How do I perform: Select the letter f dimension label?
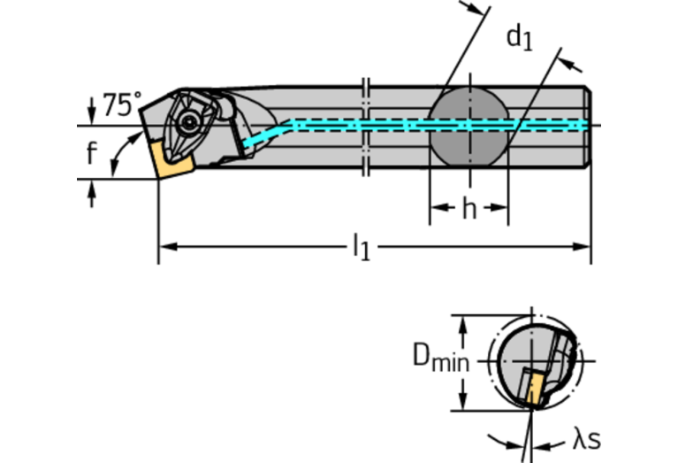coord(91,153)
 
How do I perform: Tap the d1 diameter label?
coord(520,37)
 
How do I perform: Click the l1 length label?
coord(362,247)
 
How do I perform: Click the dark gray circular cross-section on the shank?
coord(469,125)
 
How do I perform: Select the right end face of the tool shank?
coord(589,125)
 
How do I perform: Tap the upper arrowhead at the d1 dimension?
coord(482,10)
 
